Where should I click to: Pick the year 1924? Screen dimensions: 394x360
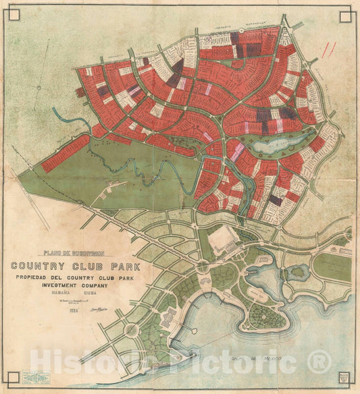pyautogui.click(x=65, y=312)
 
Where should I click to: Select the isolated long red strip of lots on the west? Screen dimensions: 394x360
pyautogui.click(x=66, y=152)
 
